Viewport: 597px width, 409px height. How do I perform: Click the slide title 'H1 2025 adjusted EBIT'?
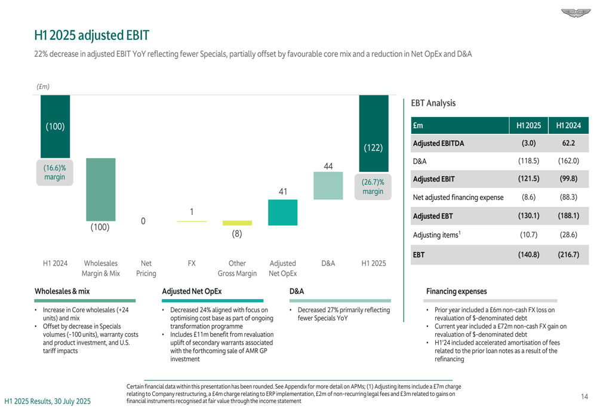point(91,35)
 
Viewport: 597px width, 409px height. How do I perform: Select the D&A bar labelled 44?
point(328,186)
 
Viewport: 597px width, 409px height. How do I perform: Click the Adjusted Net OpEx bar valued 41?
point(282,212)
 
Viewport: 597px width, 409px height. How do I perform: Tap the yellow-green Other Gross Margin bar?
point(237,223)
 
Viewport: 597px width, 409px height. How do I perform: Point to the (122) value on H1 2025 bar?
point(373,148)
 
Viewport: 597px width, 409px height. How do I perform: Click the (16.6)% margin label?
point(55,173)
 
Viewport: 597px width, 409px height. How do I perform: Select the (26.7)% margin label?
point(373,186)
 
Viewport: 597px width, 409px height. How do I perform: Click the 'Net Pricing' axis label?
point(146,268)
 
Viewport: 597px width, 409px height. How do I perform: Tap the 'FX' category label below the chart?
point(192,263)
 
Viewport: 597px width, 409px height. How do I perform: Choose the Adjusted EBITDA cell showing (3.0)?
point(528,143)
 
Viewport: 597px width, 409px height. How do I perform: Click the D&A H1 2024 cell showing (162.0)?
point(568,161)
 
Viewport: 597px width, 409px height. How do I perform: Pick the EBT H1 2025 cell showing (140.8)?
point(528,254)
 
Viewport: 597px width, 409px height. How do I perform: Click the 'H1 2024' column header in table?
point(568,125)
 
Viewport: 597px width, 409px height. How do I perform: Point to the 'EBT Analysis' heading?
point(433,103)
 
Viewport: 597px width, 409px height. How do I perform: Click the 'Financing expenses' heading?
point(456,291)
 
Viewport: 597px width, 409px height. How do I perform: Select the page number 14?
point(584,395)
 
